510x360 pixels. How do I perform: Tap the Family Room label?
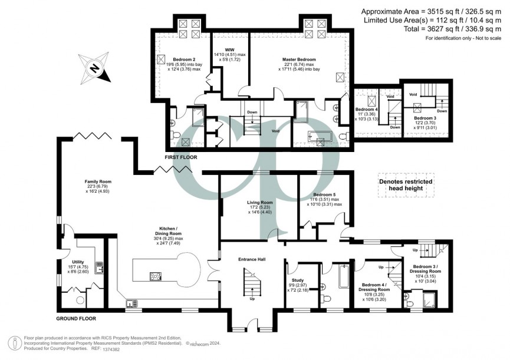pyautogui.click(x=98, y=181)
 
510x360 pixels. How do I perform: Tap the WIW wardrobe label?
pyautogui.click(x=230, y=49)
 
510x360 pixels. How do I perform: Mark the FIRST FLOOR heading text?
pyautogui.click(x=182, y=158)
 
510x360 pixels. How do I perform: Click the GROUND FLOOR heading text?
pyautogui.click(x=76, y=318)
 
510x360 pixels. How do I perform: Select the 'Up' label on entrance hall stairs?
pyautogui.click(x=253, y=299)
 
